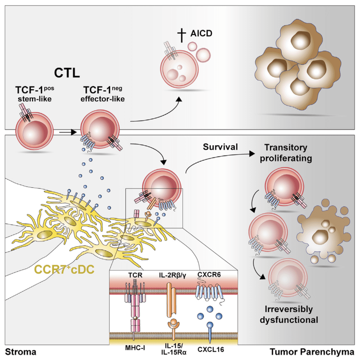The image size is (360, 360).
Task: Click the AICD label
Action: (x=201, y=33)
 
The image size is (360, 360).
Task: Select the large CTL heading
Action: (x=67, y=73)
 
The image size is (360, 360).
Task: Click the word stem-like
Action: (x=35, y=99)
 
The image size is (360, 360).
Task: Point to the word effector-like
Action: (x=103, y=99)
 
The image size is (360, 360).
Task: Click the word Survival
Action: (x=220, y=147)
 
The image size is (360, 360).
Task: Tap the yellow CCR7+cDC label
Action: (x=64, y=269)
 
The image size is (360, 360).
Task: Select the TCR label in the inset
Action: (x=135, y=275)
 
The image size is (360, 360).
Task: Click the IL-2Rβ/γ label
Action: (x=173, y=275)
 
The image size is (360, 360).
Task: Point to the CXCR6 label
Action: (x=209, y=275)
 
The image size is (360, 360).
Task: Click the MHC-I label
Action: (x=135, y=348)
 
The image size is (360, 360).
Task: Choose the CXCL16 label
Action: (x=211, y=350)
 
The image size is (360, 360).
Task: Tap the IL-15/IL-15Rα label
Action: (x=174, y=349)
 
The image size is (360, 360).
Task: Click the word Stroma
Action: (x=21, y=352)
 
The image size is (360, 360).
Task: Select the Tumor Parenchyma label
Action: (x=312, y=352)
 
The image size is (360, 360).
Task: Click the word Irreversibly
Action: (x=289, y=309)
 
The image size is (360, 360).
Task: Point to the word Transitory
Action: (x=286, y=148)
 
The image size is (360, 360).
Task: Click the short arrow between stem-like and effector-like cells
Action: (x=68, y=132)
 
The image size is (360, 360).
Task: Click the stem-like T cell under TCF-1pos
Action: (x=34, y=131)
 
